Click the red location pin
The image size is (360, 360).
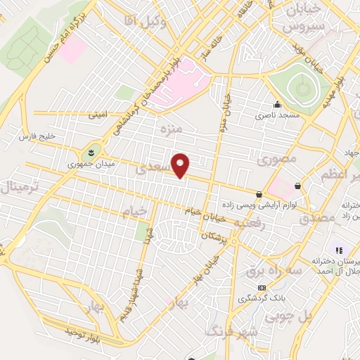click(181, 166)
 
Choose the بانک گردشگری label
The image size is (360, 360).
click(262, 298)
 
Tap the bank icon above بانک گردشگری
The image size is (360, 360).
click(262, 288)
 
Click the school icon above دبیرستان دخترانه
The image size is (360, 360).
click(338, 250)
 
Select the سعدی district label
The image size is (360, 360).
click(152, 169)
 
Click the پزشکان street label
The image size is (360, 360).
click(216, 238)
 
